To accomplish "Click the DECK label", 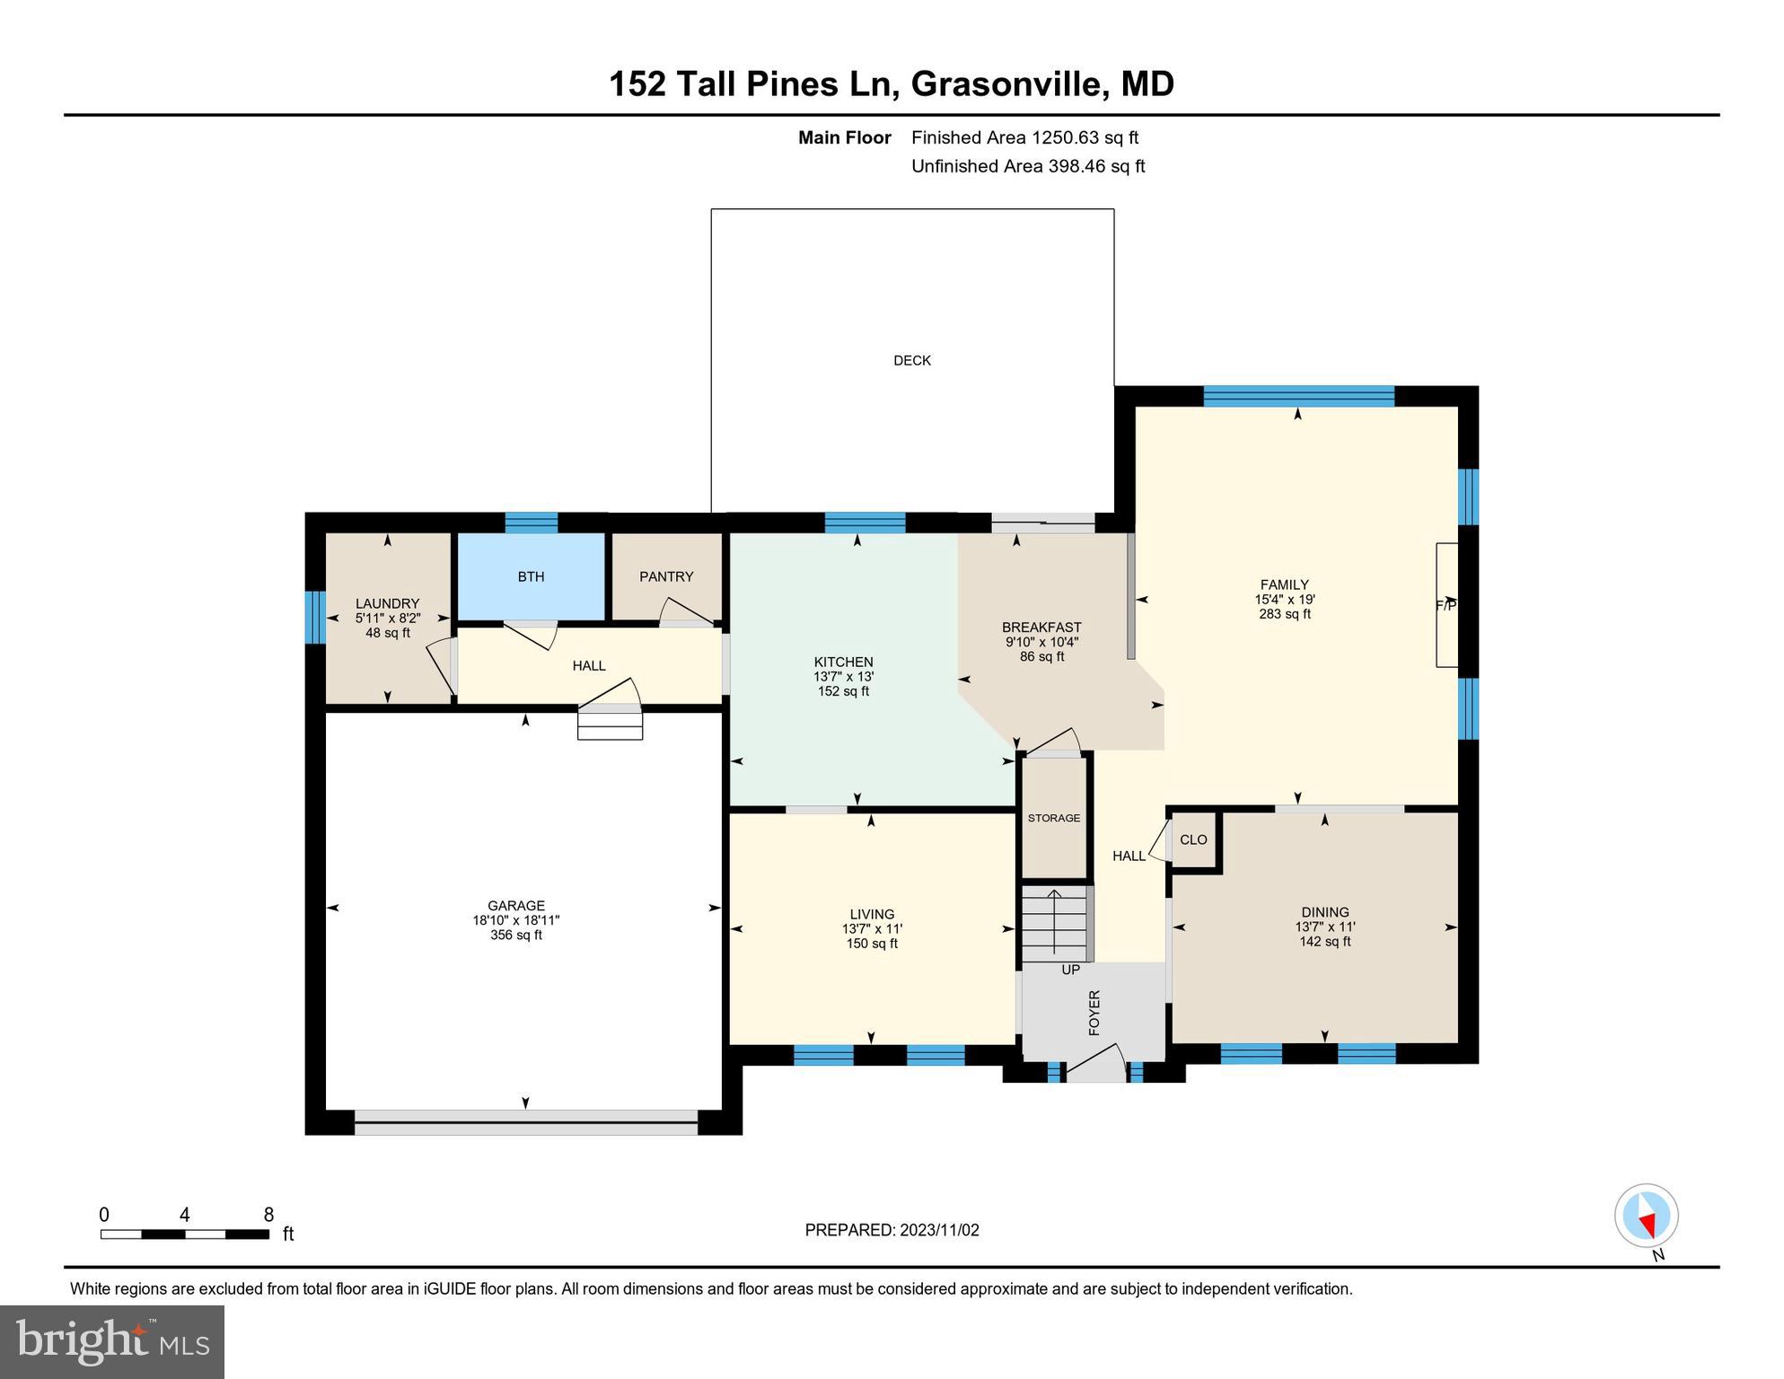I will pyautogui.click(x=911, y=361).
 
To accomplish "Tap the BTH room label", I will pyautogui.click(x=531, y=577).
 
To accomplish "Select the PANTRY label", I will pyautogui.click(x=666, y=577).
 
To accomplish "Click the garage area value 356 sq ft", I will pyautogui.click(x=515, y=935).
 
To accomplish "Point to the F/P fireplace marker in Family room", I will pyautogui.click(x=1445, y=606).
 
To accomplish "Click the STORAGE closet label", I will pyautogui.click(x=1053, y=819).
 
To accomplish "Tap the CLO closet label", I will pyautogui.click(x=1192, y=840).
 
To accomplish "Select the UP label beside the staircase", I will pyautogui.click(x=1070, y=971).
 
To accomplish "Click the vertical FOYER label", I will pyautogui.click(x=1094, y=1013).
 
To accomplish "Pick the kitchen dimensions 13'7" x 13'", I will pyautogui.click(x=843, y=677).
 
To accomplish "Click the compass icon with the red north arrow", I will pyautogui.click(x=1646, y=1217).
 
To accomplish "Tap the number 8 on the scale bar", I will pyautogui.click(x=268, y=1216).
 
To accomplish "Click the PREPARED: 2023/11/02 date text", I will pyautogui.click(x=892, y=1231).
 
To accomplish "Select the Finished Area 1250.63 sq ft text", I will pyautogui.click(x=1024, y=138).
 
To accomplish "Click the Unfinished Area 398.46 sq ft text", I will pyautogui.click(x=1028, y=167).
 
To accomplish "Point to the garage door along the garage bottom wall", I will pyautogui.click(x=526, y=1122).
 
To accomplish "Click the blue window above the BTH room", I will pyautogui.click(x=531, y=523).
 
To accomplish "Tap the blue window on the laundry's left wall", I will pyautogui.click(x=314, y=617).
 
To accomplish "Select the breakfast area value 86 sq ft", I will pyautogui.click(x=1041, y=657).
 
